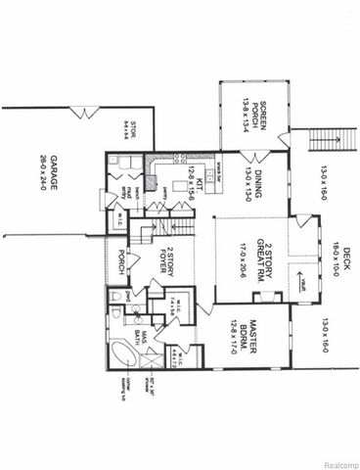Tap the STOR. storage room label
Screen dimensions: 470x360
pyautogui.click(x=134, y=128)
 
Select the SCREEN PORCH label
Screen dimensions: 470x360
pyautogui.click(x=262, y=117)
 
